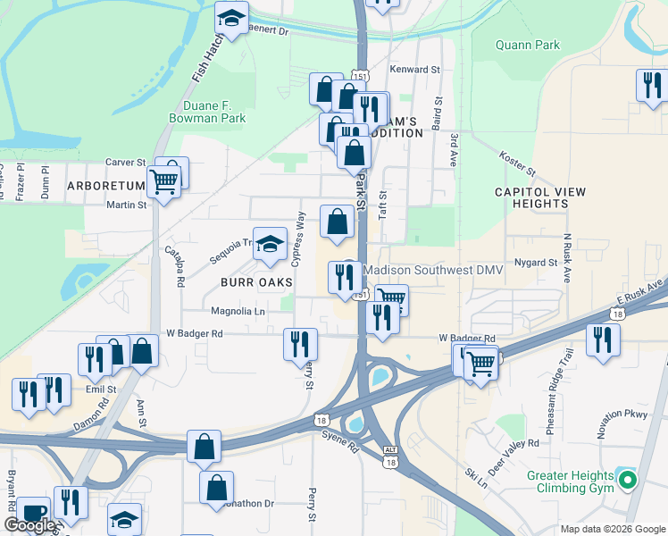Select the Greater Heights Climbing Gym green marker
pos(628,482)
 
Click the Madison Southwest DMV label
pos(435,270)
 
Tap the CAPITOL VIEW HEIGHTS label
pos(531,197)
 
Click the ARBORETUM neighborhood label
pos(104,186)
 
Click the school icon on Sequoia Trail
pos(270,243)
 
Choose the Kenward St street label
pos(415,69)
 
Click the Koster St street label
pos(517,163)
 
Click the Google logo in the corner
pos(29,525)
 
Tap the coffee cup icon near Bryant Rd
pos(34,512)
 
